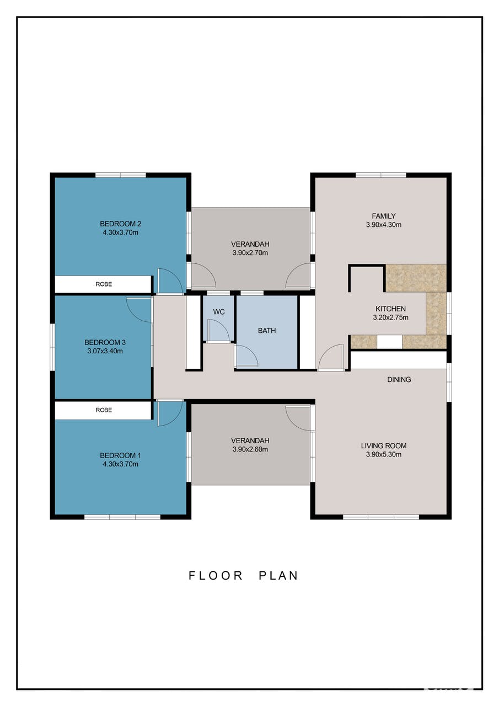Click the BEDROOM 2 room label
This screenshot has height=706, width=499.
[120, 224]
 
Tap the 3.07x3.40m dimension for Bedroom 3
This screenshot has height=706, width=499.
[105, 351]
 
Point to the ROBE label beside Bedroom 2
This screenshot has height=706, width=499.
[104, 284]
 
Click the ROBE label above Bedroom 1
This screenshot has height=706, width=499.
[104, 410]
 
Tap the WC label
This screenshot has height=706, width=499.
[219, 312]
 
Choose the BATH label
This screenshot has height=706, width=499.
[267, 330]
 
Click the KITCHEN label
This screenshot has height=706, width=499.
[390, 309]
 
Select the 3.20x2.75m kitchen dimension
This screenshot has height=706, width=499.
[390, 317]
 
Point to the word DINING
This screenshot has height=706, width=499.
[399, 379]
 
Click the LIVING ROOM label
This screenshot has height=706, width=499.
[383, 445]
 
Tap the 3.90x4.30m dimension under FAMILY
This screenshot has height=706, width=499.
[383, 225]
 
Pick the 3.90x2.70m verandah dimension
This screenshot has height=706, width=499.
[250, 253]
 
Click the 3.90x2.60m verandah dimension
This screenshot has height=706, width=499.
[250, 449]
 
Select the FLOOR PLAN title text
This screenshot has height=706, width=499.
[243, 576]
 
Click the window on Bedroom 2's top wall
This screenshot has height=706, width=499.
[121, 174]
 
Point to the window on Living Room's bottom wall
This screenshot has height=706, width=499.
[380, 517]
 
